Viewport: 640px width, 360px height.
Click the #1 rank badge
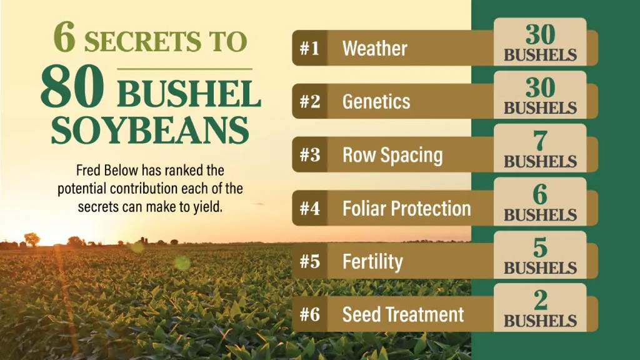pos(310,48)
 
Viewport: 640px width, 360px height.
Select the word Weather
pos(375,49)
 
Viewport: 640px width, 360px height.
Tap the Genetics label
pos(376,102)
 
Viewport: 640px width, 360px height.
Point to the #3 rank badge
pos(310,155)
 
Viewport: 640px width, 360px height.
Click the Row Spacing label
pos(392,156)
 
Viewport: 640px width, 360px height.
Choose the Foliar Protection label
pos(406,208)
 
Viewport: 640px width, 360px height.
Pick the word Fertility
pos(372,262)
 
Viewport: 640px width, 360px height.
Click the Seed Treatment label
pos(403,314)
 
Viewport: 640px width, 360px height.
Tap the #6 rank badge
pos(310,314)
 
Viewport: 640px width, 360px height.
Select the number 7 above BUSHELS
pos(541,141)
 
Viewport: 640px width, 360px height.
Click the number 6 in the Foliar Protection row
pos(540,194)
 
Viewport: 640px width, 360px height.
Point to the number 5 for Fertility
pos(540,247)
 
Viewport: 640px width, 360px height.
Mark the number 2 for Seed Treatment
pos(541,301)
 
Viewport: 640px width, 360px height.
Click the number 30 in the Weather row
pos(541,34)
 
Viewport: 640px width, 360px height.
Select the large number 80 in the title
pos(72,86)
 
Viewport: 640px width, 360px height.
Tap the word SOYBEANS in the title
pos(150,130)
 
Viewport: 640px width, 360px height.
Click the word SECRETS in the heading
pos(143,41)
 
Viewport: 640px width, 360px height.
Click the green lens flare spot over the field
pos(182,262)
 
